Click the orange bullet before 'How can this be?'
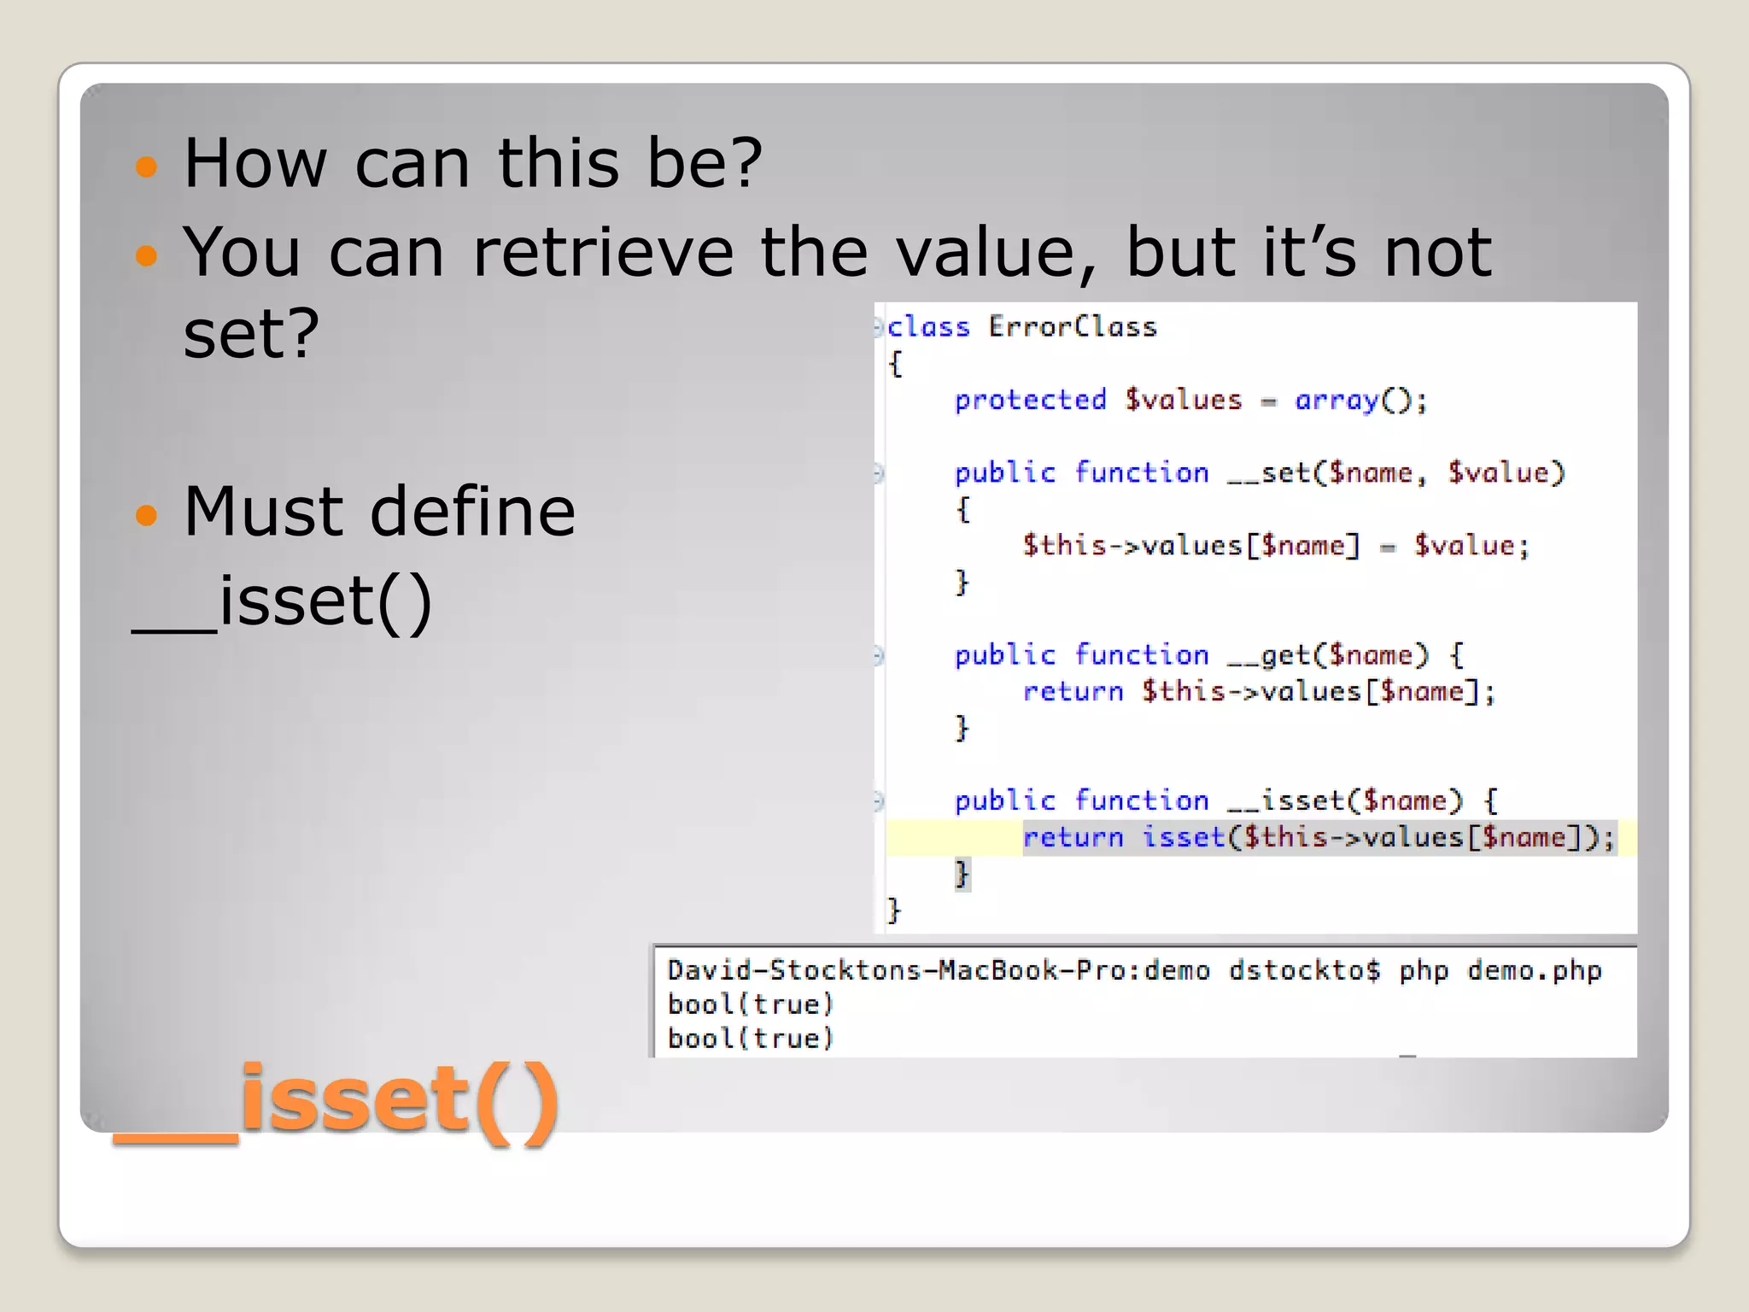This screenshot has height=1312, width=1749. [x=147, y=166]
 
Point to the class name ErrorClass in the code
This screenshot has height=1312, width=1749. [x=1072, y=327]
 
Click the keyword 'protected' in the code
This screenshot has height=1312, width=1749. [x=1030, y=400]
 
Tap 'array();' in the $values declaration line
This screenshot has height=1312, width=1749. [x=1360, y=400]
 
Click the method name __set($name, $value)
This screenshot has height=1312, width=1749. [x=1395, y=472]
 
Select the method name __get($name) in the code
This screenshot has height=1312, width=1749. [x=1327, y=655]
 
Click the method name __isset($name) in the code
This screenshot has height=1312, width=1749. [x=1344, y=800]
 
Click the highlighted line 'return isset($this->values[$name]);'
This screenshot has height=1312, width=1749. [x=1319, y=837]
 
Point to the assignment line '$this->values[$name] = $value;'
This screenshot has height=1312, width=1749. [x=1276, y=546]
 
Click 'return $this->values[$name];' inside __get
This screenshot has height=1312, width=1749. [x=1259, y=691]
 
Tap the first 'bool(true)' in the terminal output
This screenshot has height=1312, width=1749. [x=750, y=1004]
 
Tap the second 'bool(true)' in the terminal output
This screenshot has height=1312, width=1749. [x=750, y=1039]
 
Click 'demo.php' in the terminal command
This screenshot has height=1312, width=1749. [x=1534, y=971]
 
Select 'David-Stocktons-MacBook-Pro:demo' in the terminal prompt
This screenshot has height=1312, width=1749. [x=938, y=971]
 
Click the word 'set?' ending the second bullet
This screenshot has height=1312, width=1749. [x=251, y=334]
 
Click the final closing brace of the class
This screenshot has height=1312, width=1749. [x=894, y=910]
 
